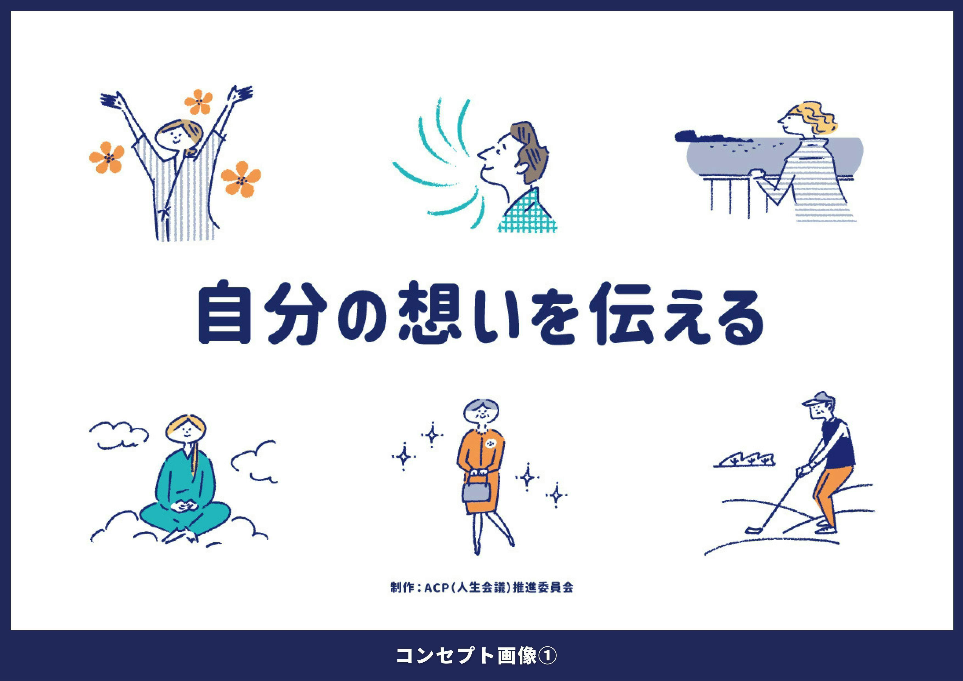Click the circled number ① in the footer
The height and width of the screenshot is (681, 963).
tap(548, 656)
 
